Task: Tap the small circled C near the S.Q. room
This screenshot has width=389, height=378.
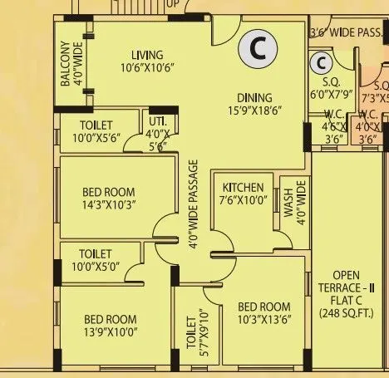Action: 320,63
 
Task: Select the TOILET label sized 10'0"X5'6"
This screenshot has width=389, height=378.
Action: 91,131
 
